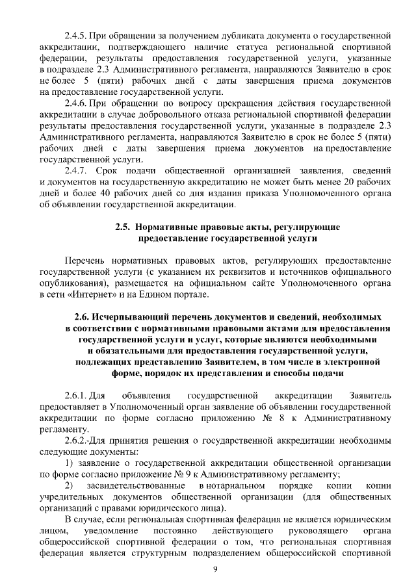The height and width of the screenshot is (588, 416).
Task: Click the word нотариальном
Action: tap(230, 486)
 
